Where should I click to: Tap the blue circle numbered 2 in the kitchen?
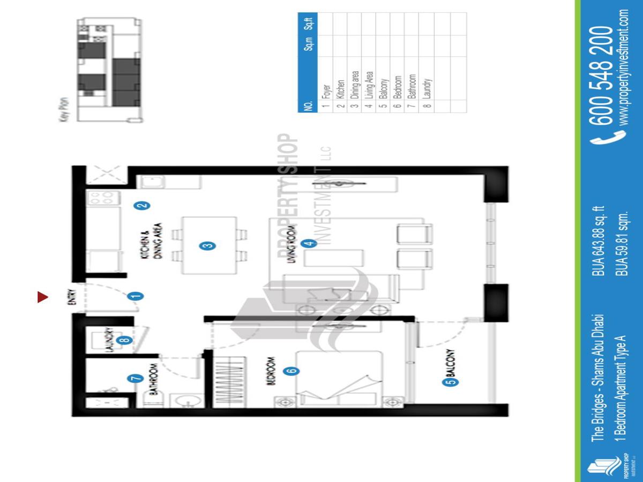tap(142, 205)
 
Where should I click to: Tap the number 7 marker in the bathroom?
tap(136, 378)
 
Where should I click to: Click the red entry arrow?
tap(43, 297)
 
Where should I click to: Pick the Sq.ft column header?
tap(308, 24)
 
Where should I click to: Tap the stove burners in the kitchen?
tap(101, 198)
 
